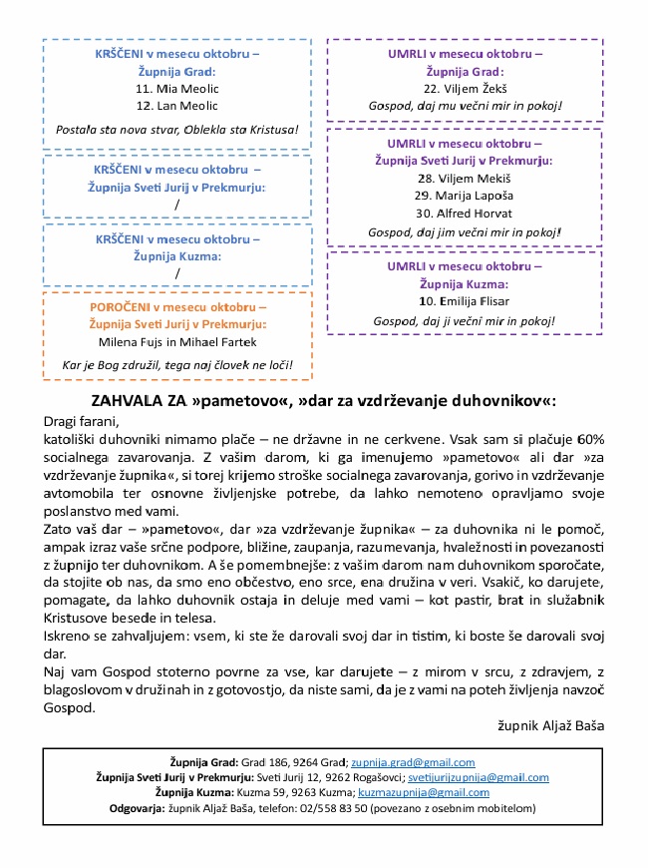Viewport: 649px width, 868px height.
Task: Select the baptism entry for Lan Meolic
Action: tap(176, 106)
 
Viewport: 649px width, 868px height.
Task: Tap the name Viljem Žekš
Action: tap(465, 88)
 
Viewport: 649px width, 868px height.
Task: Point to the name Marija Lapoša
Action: tap(465, 196)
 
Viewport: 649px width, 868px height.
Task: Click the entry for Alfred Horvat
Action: tap(465, 214)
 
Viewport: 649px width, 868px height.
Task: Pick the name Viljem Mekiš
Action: tap(465, 178)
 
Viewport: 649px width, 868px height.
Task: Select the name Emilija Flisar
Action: tap(465, 302)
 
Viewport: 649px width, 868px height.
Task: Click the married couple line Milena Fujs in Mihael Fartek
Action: tap(176, 342)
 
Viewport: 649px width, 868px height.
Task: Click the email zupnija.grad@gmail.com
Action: tap(412, 762)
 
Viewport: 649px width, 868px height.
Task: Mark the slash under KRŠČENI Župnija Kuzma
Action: tap(176, 273)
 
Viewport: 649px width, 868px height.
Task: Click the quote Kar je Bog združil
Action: tap(175, 364)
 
